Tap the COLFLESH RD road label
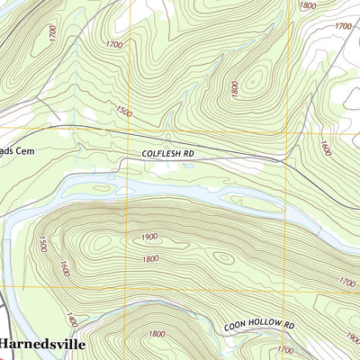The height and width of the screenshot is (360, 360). pyautogui.click(x=167, y=155)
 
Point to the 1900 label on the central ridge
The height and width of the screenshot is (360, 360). pyautogui.click(x=149, y=237)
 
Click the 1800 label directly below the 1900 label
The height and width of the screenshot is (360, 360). pyautogui.click(x=149, y=259)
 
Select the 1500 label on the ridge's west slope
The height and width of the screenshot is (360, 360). pyautogui.click(x=41, y=244)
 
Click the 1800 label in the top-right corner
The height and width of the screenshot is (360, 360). pyautogui.click(x=307, y=5)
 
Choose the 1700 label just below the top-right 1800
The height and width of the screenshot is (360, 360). pyautogui.click(x=342, y=27)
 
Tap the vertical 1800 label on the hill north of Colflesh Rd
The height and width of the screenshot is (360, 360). pyautogui.click(x=234, y=89)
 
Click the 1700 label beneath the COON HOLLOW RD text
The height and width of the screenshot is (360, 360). pyautogui.click(x=285, y=350)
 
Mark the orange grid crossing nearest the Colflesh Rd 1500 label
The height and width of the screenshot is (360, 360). pyautogui.click(x=127, y=132)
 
